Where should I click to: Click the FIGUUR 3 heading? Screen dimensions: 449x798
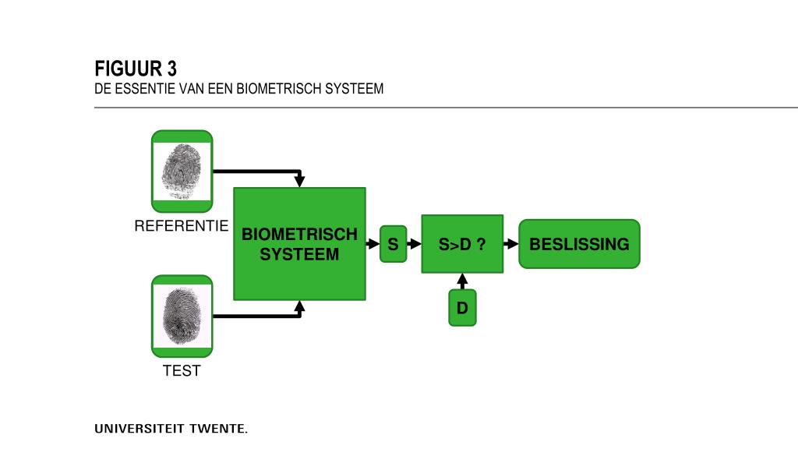136,69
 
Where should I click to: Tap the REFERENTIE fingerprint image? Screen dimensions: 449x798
182,171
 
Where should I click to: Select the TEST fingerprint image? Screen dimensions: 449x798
182,316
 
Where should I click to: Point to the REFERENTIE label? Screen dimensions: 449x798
182,227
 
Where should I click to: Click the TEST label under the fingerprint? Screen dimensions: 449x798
182,371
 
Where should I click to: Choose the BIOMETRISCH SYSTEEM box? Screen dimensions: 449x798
299,244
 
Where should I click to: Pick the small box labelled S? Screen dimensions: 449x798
393,244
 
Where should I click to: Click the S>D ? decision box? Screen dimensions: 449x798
462,244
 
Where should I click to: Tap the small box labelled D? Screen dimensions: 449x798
462,308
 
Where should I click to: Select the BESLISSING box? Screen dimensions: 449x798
579,244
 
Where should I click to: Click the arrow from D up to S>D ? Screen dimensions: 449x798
462,281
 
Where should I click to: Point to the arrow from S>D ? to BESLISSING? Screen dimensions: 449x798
511,244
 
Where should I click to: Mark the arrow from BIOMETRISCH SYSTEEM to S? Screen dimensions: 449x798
373,244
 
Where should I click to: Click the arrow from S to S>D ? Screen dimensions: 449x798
415,244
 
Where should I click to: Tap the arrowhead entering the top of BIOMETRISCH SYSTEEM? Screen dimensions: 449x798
299,182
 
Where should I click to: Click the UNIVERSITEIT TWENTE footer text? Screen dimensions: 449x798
171,429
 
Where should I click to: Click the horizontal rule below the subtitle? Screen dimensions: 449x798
444,108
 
